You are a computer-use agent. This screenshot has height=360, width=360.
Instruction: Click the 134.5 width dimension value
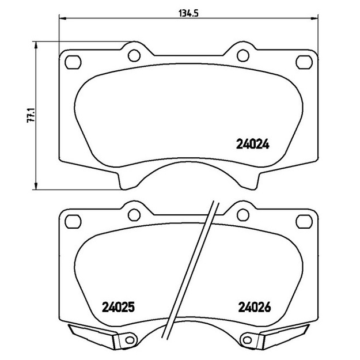188,14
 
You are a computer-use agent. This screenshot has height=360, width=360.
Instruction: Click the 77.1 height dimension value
31,115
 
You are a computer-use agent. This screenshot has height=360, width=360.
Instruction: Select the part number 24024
252,145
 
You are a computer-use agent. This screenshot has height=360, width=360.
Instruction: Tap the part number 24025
118,307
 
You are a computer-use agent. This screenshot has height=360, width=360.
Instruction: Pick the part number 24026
255,307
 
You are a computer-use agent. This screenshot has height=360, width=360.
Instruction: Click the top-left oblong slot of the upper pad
73,62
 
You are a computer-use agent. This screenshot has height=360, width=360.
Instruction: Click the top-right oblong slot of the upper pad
304,62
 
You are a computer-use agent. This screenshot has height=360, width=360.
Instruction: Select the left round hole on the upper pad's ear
134,55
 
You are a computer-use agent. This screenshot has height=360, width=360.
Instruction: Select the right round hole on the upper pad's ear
243,55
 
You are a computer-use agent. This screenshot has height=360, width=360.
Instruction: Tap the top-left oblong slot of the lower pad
73,222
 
